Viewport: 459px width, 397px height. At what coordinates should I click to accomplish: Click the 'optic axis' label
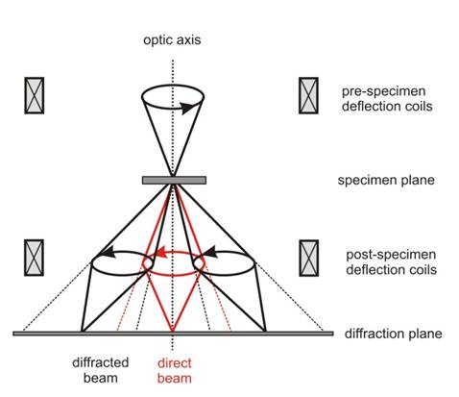coord(172,40)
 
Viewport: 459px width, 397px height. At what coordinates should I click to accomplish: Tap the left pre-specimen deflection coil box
coord(35,95)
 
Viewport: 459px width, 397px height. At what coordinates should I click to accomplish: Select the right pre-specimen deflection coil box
coord(308,95)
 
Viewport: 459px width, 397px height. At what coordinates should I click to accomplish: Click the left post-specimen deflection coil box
coord(34,258)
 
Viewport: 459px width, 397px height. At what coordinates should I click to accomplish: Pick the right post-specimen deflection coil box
coord(309,258)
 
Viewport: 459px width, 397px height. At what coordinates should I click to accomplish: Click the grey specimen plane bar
coord(174,180)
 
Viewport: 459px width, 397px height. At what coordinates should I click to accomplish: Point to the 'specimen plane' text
coord(386,180)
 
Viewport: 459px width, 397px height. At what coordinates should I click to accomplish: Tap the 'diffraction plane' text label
coord(393,334)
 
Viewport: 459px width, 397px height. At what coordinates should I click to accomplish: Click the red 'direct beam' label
coord(175,371)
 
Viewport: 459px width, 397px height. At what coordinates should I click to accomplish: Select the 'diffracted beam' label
coord(100,370)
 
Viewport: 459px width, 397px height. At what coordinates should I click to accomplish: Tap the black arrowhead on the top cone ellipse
coord(187,108)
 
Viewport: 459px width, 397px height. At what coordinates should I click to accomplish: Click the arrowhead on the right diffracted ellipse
coord(210,252)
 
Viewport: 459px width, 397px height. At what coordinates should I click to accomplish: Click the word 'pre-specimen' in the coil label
coord(383,91)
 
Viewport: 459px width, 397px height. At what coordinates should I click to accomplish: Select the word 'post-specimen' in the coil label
coord(391,255)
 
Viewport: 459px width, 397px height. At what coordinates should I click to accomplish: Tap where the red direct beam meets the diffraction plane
coord(173,332)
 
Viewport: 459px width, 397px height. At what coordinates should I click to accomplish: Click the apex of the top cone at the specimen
coord(173,176)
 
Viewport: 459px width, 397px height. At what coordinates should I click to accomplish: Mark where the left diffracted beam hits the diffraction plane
coord(82,332)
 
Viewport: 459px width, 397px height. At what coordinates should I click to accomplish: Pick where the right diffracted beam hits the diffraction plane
coord(265,332)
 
